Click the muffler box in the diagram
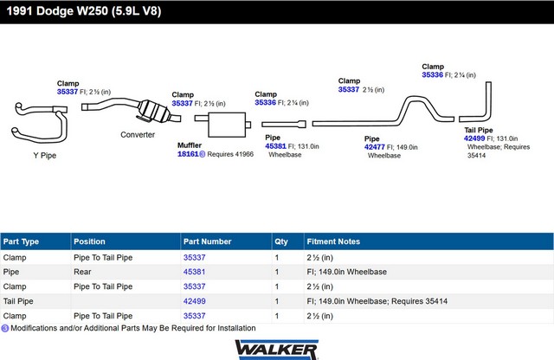point(227,125)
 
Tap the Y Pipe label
point(45,156)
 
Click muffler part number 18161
point(188,154)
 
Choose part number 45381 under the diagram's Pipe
point(275,146)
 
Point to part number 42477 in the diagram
point(375,147)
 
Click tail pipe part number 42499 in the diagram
point(474,138)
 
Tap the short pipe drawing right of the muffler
point(284,124)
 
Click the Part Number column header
point(208,241)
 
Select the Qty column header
point(281,241)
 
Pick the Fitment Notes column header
point(333,241)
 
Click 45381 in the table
point(194,272)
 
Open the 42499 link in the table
point(194,301)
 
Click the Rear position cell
point(82,272)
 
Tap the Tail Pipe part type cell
point(18,301)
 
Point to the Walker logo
point(277,350)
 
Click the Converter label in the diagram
point(138,135)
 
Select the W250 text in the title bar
point(93,11)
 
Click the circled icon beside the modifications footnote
point(5,328)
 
